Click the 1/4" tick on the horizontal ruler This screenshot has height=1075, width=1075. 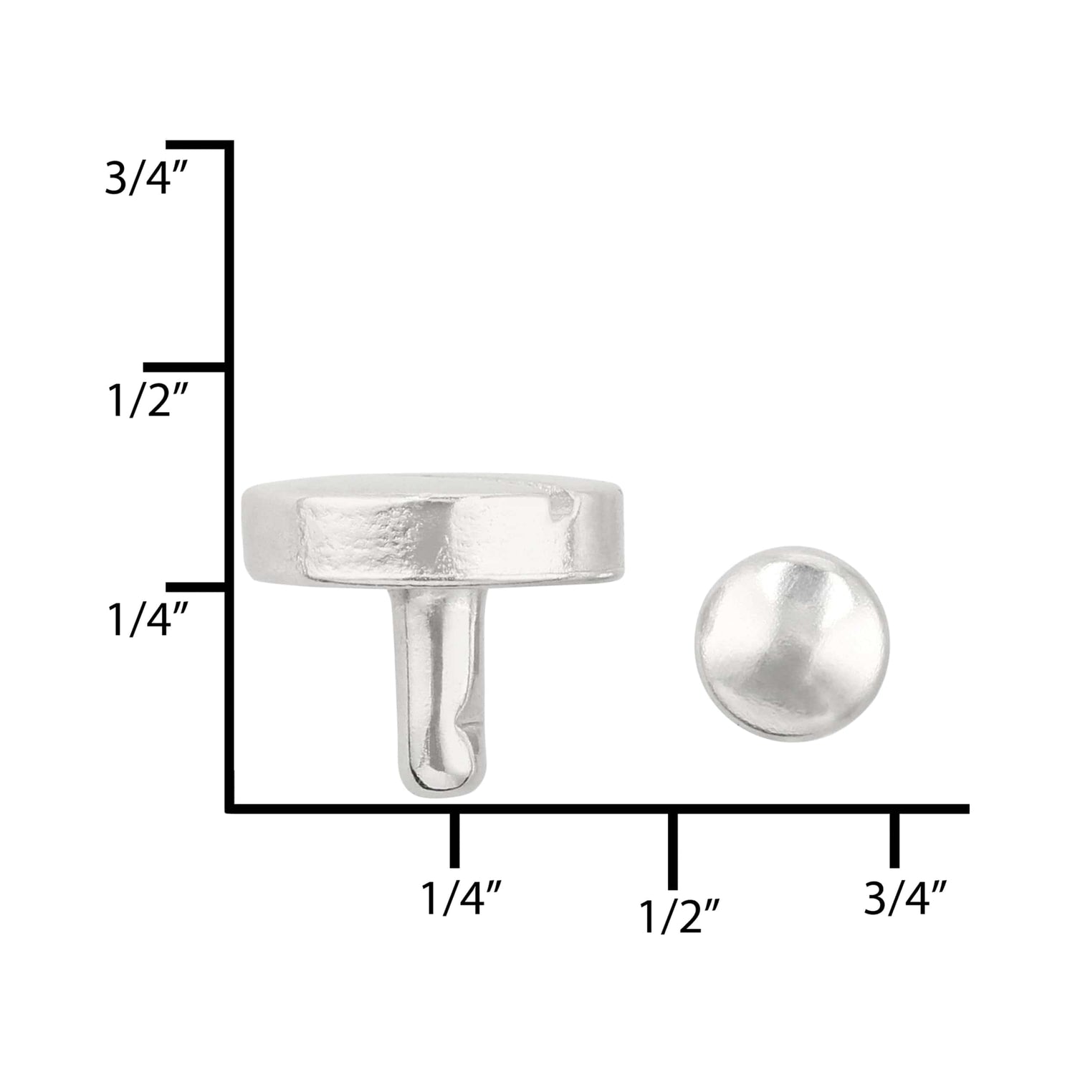(454, 840)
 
